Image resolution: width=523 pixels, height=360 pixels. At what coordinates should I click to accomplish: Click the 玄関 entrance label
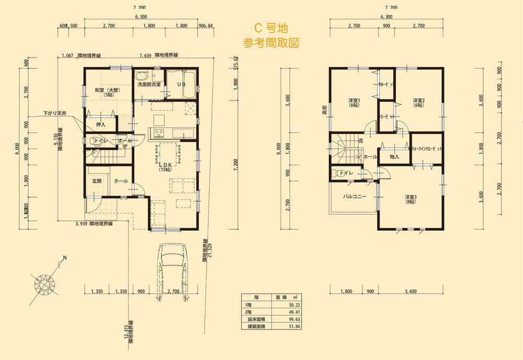coord(97,181)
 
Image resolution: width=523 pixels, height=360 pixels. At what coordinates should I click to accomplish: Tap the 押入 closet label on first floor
coord(101,125)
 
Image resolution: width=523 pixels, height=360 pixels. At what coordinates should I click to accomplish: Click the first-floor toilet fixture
coord(92,141)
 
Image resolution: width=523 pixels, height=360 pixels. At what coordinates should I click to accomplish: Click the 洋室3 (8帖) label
coord(410,200)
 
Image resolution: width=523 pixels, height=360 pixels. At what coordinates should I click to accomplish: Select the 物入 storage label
coord(394,156)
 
